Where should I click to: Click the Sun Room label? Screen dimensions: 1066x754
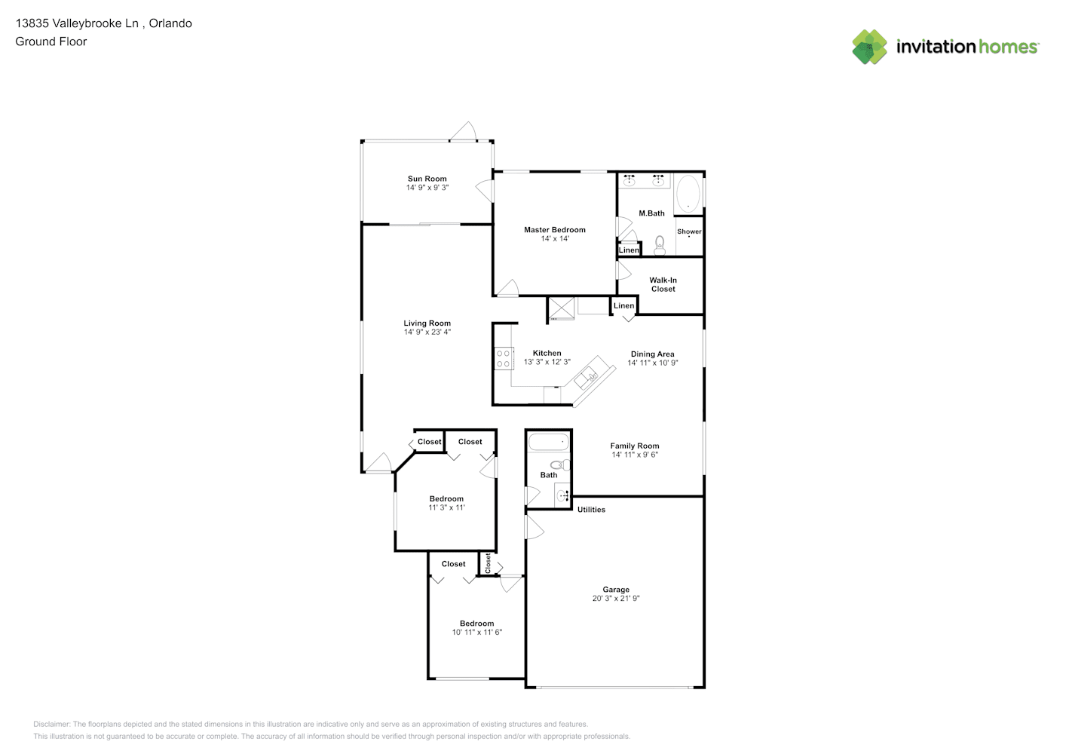pyautogui.click(x=427, y=179)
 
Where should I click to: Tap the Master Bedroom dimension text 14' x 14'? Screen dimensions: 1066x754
pyautogui.click(x=554, y=239)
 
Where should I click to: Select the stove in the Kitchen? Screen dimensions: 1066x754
pyautogui.click(x=504, y=358)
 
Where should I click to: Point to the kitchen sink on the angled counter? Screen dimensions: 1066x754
pyautogui.click(x=587, y=379)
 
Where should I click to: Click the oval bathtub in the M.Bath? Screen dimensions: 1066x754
pyautogui.click(x=688, y=193)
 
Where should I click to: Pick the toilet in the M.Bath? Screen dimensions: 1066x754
pyautogui.click(x=660, y=245)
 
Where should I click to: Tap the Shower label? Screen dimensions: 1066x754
pyautogui.click(x=689, y=231)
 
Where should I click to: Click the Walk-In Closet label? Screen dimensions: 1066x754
pyautogui.click(x=663, y=285)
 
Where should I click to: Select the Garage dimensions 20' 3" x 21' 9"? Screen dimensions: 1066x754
pyautogui.click(x=616, y=599)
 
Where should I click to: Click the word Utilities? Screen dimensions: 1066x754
pyautogui.click(x=591, y=510)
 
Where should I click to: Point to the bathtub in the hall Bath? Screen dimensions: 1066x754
pyautogui.click(x=548, y=442)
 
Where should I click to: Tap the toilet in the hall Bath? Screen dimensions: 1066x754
pyautogui.click(x=560, y=465)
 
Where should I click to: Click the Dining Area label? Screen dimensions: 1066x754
pyautogui.click(x=652, y=354)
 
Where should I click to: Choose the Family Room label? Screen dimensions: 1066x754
pyautogui.click(x=634, y=446)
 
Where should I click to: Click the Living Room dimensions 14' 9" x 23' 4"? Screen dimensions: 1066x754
pyautogui.click(x=427, y=333)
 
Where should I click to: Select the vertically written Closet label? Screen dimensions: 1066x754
pyautogui.click(x=488, y=563)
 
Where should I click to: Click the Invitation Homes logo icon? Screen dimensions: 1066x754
pyautogui.click(x=869, y=47)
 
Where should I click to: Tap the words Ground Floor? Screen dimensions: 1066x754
pyautogui.click(x=51, y=42)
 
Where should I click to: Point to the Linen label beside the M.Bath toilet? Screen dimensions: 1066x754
pyautogui.click(x=629, y=250)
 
